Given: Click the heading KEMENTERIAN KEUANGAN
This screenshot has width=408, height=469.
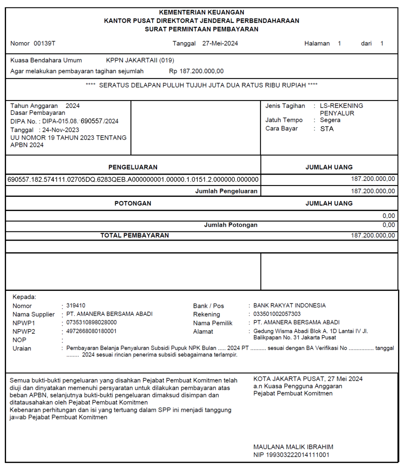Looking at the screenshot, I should tap(202, 13).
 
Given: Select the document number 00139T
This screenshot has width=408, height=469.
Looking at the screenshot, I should tap(45, 43).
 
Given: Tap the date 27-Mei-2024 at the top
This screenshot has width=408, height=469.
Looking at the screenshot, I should tap(220, 43).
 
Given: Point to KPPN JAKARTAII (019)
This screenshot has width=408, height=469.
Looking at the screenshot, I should tap(140, 60).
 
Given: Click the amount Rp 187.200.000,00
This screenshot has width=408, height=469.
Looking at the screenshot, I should tap(196, 71).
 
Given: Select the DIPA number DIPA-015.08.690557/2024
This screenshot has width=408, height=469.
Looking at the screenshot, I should tap(80, 121).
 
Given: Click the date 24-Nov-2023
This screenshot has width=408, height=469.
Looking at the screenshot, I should tap(61, 130).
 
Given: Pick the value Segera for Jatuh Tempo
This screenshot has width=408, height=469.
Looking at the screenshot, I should tap(330, 120).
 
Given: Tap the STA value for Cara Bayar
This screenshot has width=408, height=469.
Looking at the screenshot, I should tap(327, 129).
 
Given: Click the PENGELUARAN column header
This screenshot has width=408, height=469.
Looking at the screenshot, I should tap(133, 167).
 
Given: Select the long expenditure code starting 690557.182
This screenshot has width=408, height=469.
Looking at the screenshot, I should tap(133, 179).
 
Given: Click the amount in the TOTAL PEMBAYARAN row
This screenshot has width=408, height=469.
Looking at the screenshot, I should tap(373, 235).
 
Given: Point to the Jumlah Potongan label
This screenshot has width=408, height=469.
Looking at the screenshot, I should tap(231, 225).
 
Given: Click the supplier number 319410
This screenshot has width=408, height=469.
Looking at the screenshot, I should tap(76, 306).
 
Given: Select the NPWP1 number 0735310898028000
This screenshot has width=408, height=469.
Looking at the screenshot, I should tap(91, 322).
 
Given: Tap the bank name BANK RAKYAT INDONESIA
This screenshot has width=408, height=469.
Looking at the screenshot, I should tap(289, 306).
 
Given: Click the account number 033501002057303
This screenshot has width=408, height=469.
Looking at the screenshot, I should tap(277, 314).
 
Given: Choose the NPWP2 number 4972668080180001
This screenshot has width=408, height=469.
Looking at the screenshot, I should tap(91, 331).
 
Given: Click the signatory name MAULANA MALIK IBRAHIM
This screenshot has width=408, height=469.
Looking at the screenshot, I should tap(293, 447).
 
